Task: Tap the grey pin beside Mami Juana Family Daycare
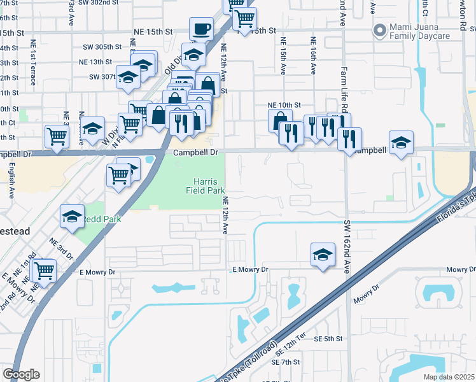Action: click(x=381, y=31)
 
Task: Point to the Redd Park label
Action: click(x=97, y=219)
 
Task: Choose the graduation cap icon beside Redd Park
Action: click(x=72, y=217)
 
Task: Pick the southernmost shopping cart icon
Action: click(x=44, y=270)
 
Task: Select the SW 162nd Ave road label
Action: click(x=347, y=247)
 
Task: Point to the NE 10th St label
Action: click(x=284, y=105)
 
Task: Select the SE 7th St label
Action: click(x=285, y=362)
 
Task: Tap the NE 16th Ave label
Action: click(x=313, y=55)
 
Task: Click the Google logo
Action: click(x=21, y=374)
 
